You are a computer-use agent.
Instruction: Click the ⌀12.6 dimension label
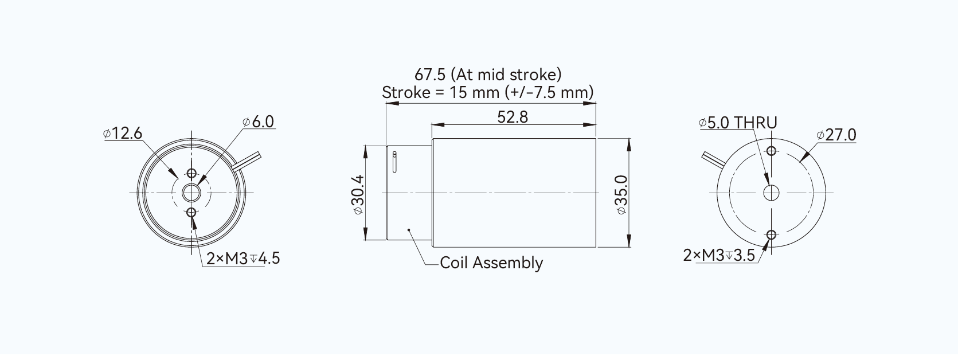click(x=123, y=134)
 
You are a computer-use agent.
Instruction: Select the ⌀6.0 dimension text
click(x=259, y=122)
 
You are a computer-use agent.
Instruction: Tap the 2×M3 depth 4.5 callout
click(x=243, y=258)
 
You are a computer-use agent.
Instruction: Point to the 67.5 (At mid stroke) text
click(x=488, y=75)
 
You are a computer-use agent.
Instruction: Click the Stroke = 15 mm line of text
click(x=488, y=92)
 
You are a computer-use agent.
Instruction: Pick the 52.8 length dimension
click(x=513, y=117)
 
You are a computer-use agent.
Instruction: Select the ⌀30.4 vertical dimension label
click(x=357, y=194)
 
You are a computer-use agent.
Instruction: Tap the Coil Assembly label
click(x=491, y=263)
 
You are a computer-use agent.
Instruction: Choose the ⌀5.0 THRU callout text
click(x=738, y=123)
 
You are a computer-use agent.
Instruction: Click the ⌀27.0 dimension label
click(x=836, y=135)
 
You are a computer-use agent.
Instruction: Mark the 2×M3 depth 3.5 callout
click(x=719, y=255)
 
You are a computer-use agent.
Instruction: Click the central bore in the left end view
click(x=191, y=193)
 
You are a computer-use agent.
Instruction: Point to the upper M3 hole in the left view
click(x=191, y=173)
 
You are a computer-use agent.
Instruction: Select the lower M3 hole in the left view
click(x=191, y=213)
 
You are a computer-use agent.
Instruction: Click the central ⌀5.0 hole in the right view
click(x=771, y=193)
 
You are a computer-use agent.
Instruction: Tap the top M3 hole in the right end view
click(x=771, y=151)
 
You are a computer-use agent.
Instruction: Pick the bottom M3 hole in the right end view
click(x=771, y=234)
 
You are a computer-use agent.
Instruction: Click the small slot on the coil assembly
click(x=394, y=162)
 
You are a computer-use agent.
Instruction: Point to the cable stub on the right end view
click(x=713, y=159)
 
